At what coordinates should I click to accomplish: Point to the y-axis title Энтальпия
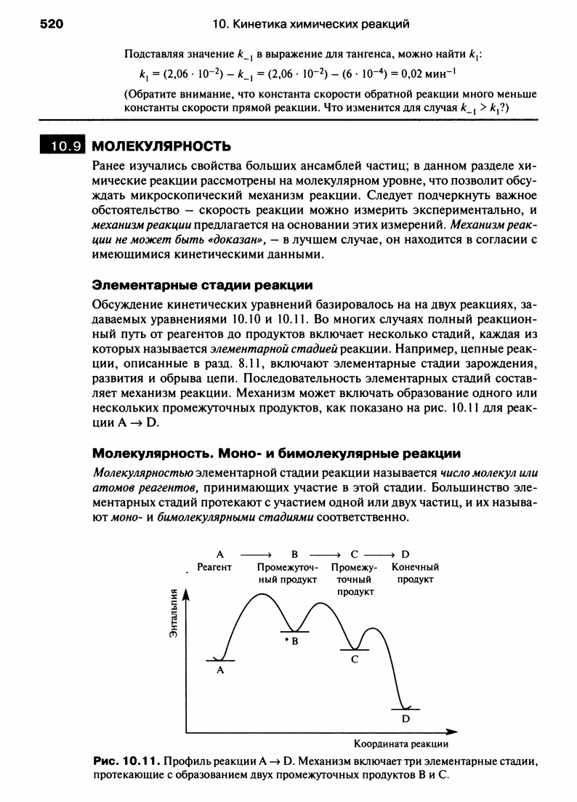click(173, 615)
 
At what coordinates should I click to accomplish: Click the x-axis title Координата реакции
click(400, 744)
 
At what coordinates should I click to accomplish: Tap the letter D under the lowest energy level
click(405, 718)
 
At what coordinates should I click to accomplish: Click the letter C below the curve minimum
click(355, 659)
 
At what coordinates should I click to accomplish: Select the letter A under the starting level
click(219, 672)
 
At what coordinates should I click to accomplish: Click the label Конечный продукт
click(415, 573)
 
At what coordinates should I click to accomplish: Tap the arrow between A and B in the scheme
click(255, 553)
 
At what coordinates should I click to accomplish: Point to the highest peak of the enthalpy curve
click(263, 595)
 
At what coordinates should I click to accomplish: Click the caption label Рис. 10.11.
click(126, 762)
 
